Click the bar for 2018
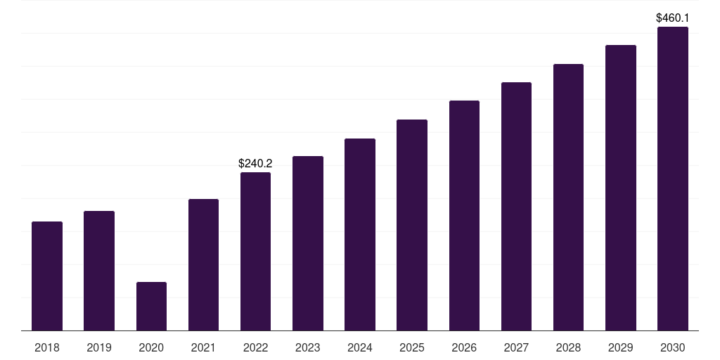[x=47, y=276]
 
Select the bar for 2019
[x=99, y=271]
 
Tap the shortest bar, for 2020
[x=152, y=307]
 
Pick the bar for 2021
[x=203, y=265]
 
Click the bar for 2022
[x=255, y=252]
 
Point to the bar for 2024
[x=360, y=235]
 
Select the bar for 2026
[x=464, y=216]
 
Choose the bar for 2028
[x=568, y=198]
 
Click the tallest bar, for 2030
[x=673, y=179]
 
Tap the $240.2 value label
[x=255, y=163]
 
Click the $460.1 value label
[x=673, y=18]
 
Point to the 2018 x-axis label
[x=47, y=347]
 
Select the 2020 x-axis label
[x=151, y=347]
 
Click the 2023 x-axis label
[x=308, y=347]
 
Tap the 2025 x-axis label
[x=412, y=347]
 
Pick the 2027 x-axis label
[x=516, y=347]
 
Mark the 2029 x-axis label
[x=620, y=347]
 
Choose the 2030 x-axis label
[x=673, y=347]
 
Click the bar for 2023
[x=308, y=243]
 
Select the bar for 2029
[x=621, y=188]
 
